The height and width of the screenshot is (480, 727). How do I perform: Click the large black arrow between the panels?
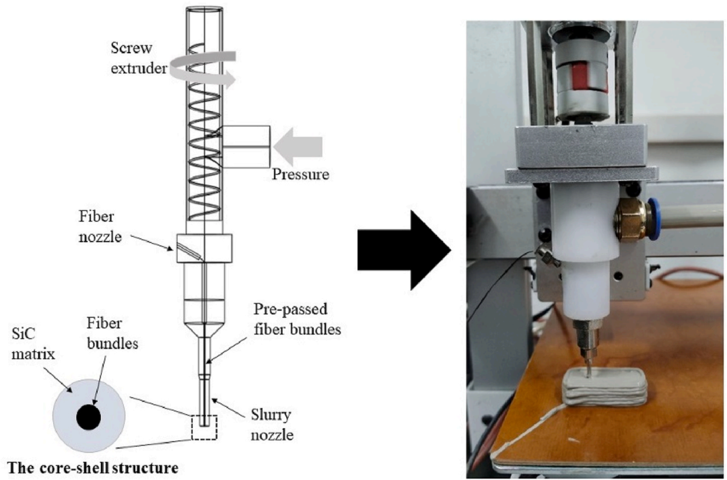coord(403,250)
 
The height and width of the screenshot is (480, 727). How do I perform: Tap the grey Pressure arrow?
coord(298,147)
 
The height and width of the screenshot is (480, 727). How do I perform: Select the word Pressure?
coord(300,174)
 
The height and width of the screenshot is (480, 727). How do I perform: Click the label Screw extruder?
coord(139,58)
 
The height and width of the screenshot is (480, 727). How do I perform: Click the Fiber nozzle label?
coord(100,227)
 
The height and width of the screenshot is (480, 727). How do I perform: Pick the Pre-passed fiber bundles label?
coord(298,319)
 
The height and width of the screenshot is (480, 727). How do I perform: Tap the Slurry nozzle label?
coord(272,424)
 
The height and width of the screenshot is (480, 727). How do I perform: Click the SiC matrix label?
coord(33,344)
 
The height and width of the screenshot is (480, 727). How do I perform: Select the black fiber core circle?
coord(89,417)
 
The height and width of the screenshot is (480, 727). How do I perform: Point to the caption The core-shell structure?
coord(93,468)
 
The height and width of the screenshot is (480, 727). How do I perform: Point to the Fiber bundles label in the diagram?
coord(112,333)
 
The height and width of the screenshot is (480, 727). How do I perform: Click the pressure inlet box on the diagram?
coord(246,147)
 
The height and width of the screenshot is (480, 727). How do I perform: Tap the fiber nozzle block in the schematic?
coord(204,248)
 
